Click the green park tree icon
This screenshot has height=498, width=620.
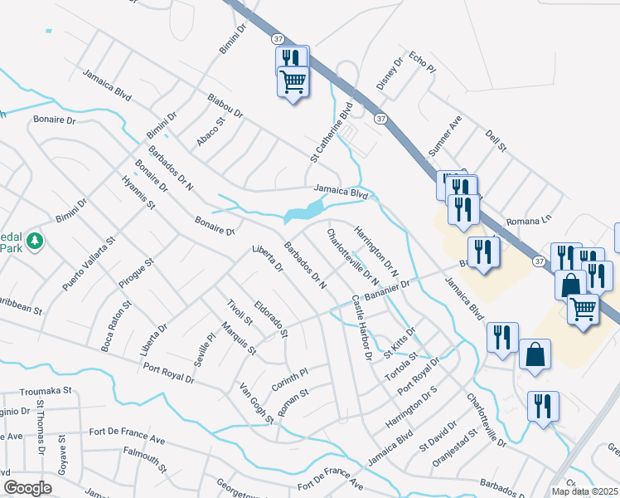tap(34, 241)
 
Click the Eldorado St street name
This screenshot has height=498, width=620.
tap(270, 319)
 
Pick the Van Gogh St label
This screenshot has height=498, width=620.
tap(256, 403)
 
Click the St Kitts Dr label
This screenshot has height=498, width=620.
tap(400, 342)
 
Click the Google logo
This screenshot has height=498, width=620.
tap(27, 488)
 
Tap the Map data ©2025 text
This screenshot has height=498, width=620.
tap(584, 491)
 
